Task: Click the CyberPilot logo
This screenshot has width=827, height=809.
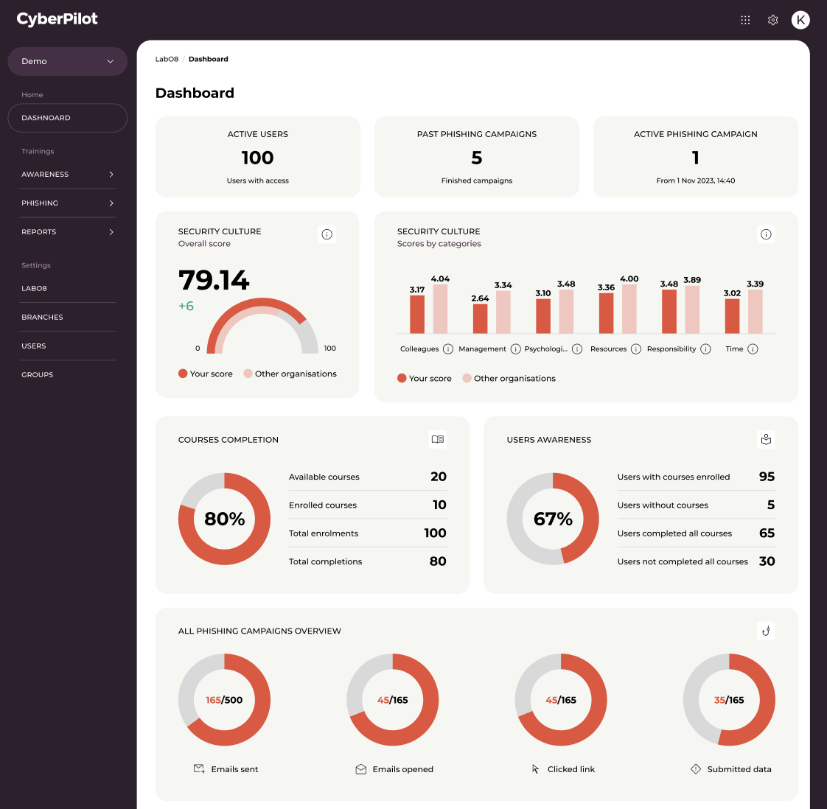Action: tap(57, 19)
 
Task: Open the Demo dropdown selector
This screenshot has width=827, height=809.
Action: tap(68, 61)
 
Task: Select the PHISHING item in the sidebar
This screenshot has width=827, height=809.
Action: tap(68, 203)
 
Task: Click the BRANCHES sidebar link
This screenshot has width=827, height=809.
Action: tap(42, 317)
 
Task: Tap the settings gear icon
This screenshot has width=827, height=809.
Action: tap(772, 20)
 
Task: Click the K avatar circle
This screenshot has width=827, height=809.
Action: tap(800, 20)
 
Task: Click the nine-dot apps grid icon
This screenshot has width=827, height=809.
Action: tap(745, 20)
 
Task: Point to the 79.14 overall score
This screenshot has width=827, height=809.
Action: tap(214, 280)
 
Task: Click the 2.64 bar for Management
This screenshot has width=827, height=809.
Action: tap(480, 318)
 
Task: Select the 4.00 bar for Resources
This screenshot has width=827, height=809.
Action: tap(629, 309)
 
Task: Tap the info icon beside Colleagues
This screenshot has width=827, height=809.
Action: tap(448, 349)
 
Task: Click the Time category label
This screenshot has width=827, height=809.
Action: tap(734, 349)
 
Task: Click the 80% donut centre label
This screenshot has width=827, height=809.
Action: tap(225, 519)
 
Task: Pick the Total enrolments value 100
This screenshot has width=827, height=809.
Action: tap(435, 533)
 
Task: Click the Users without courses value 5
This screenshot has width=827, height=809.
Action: tap(771, 505)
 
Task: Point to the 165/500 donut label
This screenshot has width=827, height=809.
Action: tap(224, 700)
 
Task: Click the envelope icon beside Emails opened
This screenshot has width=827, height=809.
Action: tap(360, 769)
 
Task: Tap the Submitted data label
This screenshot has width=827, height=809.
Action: tap(739, 769)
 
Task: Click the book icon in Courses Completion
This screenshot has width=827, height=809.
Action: tap(438, 439)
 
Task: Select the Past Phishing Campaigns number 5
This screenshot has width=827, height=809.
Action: tap(477, 158)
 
